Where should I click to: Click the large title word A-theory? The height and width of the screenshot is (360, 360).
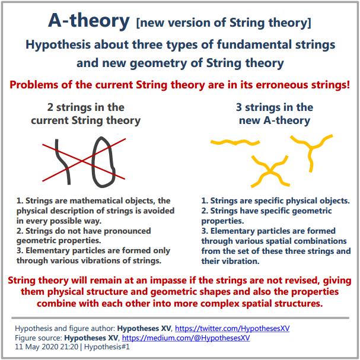pyautogui.click(x=89, y=21)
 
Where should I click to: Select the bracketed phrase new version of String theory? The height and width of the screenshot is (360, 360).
pyautogui.click(x=224, y=23)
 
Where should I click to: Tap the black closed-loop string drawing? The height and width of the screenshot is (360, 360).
pyautogui.click(x=103, y=162)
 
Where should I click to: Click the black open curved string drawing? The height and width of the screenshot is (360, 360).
pyautogui.click(x=62, y=162)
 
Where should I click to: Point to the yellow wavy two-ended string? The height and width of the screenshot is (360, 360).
pyautogui.click(x=235, y=142)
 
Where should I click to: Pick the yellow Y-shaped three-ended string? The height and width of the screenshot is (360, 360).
pyautogui.click(x=311, y=147)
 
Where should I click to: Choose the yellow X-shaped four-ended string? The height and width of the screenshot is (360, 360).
pyautogui.click(x=270, y=171)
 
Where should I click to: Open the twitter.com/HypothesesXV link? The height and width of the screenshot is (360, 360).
pyautogui.click(x=232, y=329)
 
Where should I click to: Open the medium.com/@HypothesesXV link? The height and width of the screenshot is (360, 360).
pyautogui.click(x=186, y=337)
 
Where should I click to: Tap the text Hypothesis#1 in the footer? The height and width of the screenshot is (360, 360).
pyautogui.click(x=107, y=346)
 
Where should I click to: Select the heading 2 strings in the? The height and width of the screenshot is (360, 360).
pyautogui.click(x=85, y=107)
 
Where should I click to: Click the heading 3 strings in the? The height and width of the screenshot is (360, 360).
pyautogui.click(x=275, y=107)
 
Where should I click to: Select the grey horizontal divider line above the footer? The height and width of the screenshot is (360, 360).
pyautogui.click(x=180, y=318)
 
